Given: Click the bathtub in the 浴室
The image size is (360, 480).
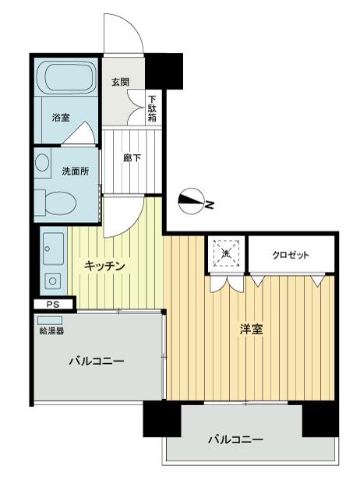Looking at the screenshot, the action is point(66,77).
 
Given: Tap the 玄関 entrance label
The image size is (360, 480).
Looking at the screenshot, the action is point(120,82).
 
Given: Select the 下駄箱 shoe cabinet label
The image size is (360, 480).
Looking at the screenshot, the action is point(152,108).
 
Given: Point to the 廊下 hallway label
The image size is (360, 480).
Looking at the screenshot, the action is point(132,158).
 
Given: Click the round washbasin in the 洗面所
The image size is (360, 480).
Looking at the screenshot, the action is point(41,162).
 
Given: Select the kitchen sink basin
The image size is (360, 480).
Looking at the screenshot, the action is point(53,249).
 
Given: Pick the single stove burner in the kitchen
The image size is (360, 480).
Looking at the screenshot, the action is point(53,281).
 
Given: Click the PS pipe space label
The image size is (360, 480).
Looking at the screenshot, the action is point(53,305).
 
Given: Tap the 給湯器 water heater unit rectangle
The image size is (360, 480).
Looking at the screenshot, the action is point(50,320).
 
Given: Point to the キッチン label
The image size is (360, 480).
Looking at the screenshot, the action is point(104,266).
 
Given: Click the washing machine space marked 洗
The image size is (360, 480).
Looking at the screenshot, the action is point(226,253).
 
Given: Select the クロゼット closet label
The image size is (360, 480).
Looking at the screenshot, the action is point(291,255).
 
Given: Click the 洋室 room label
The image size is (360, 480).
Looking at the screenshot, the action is point(252,330).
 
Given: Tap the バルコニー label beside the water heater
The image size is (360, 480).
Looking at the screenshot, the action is point(97,362).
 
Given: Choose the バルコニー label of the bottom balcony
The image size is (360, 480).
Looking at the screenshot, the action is point(235,440).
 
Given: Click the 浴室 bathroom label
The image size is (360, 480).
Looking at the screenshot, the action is point(61,117).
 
